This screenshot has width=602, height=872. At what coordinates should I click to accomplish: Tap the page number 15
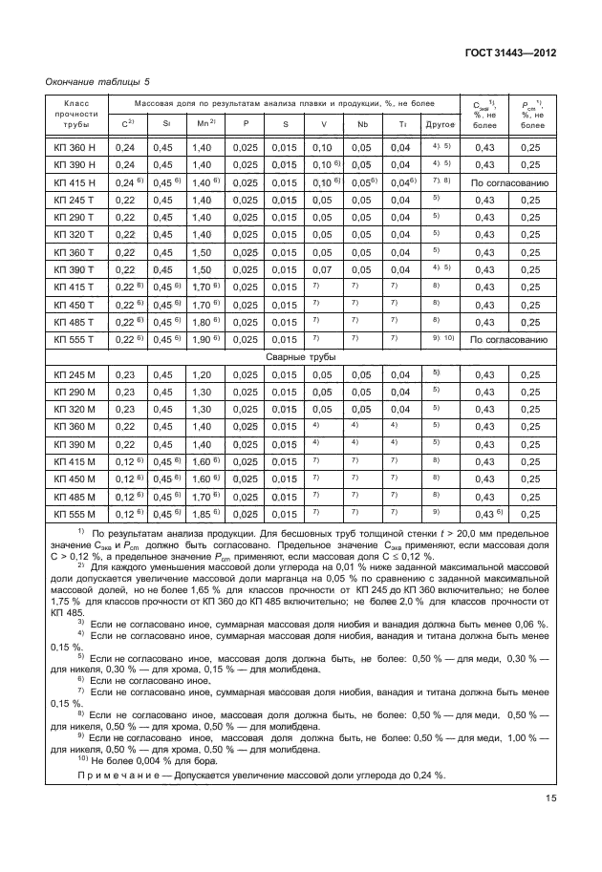(x=551, y=798)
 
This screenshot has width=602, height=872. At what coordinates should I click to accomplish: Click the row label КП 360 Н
(x=75, y=147)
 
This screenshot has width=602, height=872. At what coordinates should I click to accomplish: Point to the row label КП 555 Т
(x=75, y=340)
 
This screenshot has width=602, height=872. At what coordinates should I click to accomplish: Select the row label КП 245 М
(x=75, y=374)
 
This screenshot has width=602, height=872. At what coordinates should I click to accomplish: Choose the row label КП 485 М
(x=75, y=497)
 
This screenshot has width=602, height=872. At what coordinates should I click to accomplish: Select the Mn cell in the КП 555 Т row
(x=205, y=340)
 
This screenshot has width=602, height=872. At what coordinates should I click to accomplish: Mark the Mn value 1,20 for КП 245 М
(x=202, y=374)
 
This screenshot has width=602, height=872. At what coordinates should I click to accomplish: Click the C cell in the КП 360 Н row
(x=124, y=147)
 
